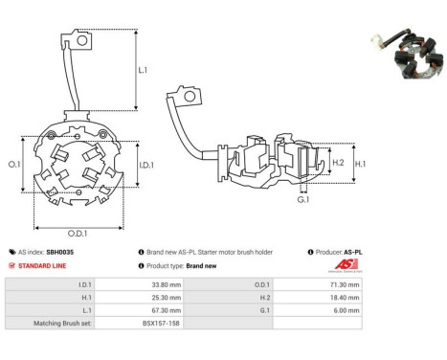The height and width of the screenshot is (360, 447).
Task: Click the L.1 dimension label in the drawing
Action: pos(143,70)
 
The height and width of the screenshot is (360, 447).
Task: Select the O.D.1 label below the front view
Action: pos(78,233)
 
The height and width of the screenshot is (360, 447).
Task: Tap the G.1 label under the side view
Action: pos(303,200)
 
